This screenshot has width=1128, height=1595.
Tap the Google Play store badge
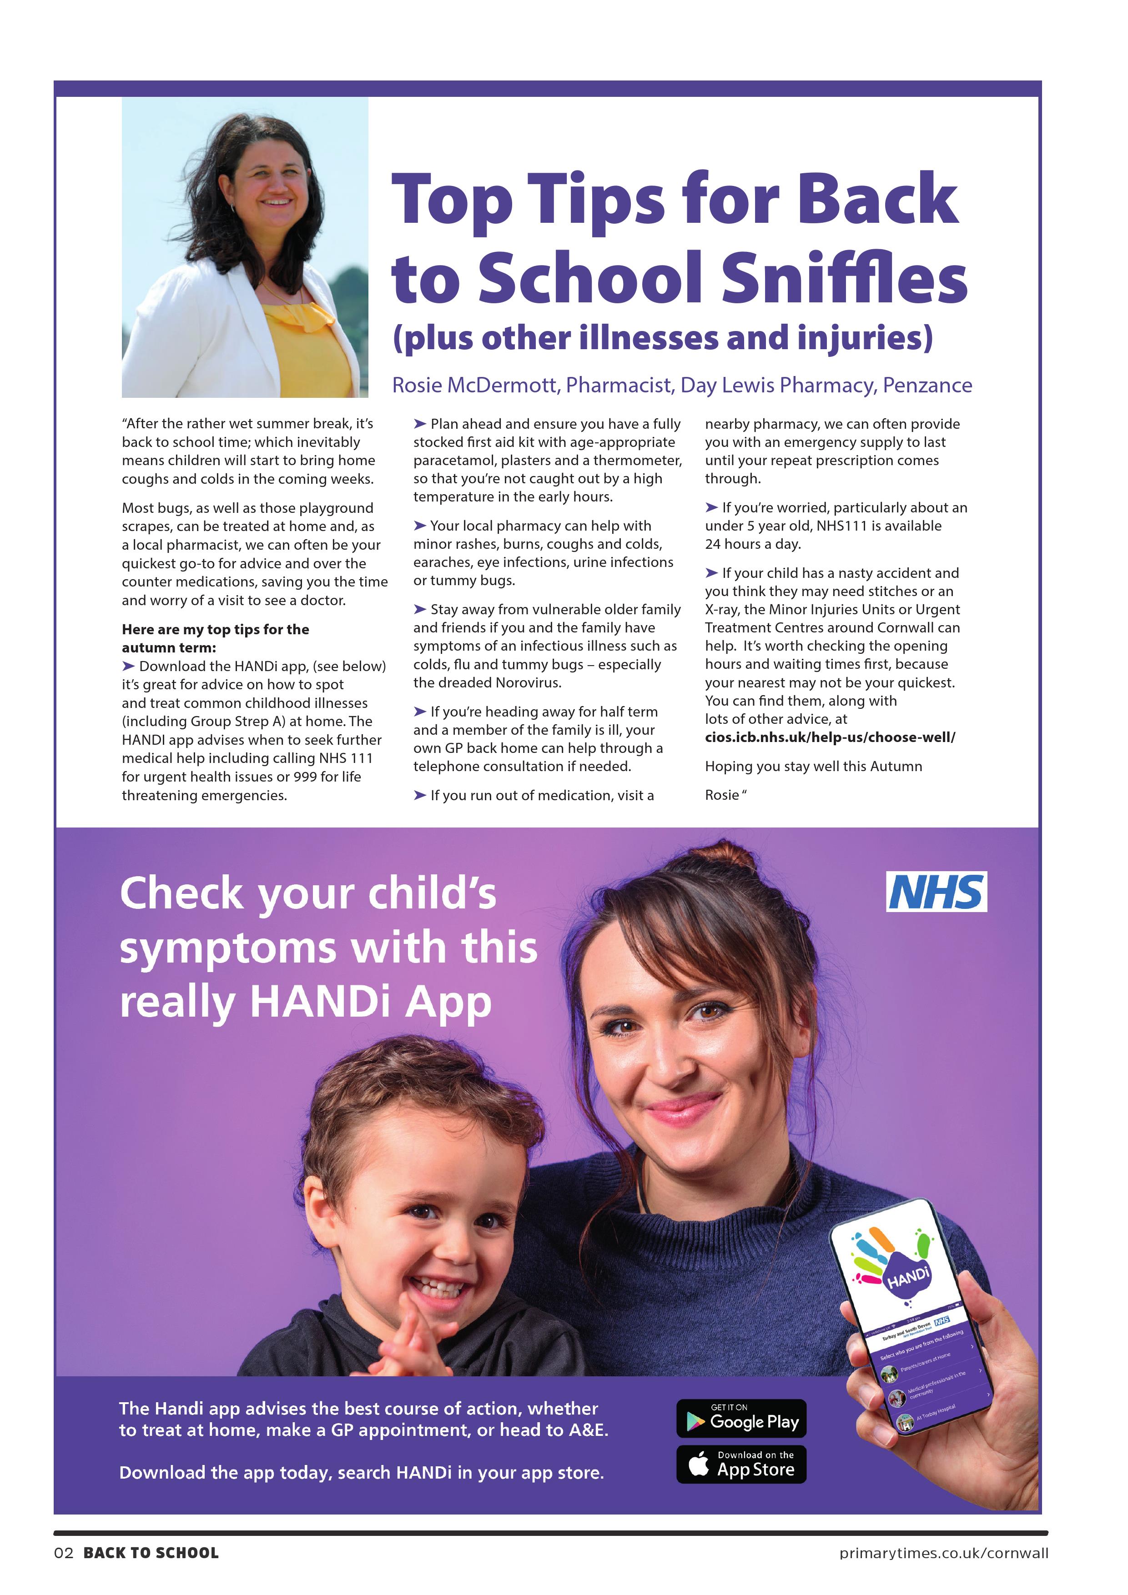741,1418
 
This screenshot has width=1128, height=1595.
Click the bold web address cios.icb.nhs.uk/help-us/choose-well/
830,737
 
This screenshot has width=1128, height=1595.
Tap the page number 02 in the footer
63,1553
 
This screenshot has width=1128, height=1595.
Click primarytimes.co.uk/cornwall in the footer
943,1553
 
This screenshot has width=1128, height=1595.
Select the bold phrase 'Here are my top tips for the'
216,629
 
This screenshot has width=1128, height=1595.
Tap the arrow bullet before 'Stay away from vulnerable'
420,609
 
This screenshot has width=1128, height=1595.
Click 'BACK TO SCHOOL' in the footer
151,1553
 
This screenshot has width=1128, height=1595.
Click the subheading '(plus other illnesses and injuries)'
662,338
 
